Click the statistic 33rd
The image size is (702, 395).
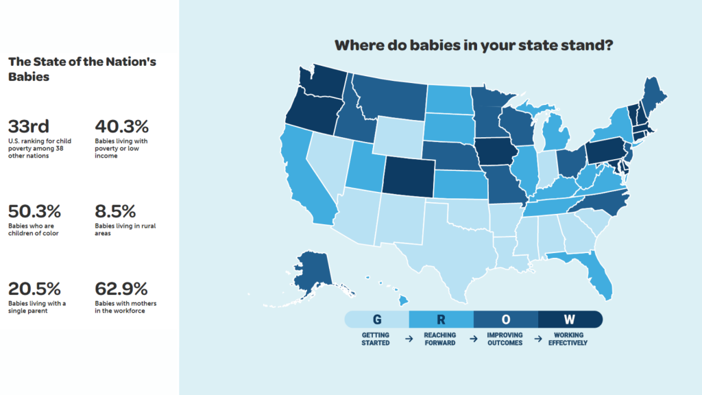point(29,127)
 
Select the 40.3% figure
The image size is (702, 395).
point(122,127)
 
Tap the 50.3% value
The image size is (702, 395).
point(34,211)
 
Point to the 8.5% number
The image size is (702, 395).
point(115,211)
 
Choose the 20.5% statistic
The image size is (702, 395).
point(34,289)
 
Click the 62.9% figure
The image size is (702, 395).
point(121,289)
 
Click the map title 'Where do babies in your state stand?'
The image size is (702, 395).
point(474,45)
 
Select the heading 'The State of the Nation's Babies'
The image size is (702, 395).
point(82,69)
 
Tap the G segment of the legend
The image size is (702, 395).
point(376,320)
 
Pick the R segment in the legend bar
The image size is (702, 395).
point(441,320)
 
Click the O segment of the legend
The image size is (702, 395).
point(506,320)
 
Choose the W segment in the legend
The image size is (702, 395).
point(570,320)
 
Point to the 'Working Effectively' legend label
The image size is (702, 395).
point(568,339)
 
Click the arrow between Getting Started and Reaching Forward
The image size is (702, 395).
point(409,339)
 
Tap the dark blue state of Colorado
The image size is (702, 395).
point(409,176)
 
